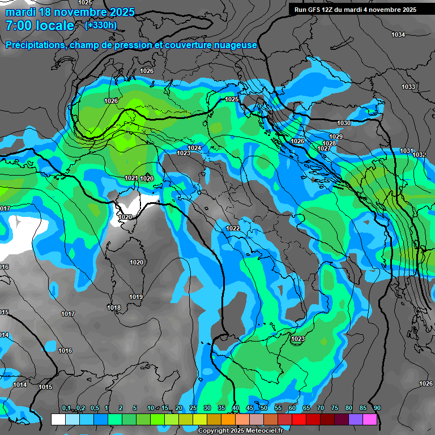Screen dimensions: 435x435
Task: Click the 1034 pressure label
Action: (x=398, y=35)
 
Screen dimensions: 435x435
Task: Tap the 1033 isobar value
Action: (x=408, y=87)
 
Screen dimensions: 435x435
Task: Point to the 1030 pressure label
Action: (x=344, y=123)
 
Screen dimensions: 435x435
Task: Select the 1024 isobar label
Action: (x=194, y=148)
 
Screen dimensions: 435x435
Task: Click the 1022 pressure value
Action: (x=233, y=228)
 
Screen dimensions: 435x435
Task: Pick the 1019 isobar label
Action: (x=135, y=297)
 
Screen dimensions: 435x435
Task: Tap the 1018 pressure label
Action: (x=114, y=308)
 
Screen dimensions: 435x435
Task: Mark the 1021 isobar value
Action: (x=131, y=178)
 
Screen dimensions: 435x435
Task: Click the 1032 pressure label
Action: (x=419, y=155)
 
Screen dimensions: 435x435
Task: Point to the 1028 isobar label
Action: (x=329, y=143)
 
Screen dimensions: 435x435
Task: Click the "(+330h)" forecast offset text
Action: (x=101, y=25)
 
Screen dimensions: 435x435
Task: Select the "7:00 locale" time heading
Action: (x=40, y=25)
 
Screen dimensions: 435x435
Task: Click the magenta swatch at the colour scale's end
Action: (x=369, y=419)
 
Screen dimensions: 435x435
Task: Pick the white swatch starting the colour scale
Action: (x=58, y=419)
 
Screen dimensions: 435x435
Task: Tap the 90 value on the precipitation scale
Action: (x=377, y=408)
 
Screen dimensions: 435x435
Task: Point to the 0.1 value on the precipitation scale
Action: (x=66, y=408)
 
